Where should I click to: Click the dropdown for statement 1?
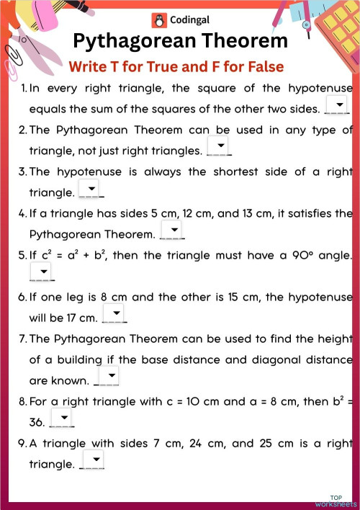(337, 106)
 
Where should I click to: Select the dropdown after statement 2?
(218, 148)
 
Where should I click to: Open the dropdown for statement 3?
(91, 189)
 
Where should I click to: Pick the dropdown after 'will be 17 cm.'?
(114, 314)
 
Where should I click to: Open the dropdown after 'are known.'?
(107, 377)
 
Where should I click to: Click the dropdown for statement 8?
(61, 419)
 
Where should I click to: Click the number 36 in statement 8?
(37, 423)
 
